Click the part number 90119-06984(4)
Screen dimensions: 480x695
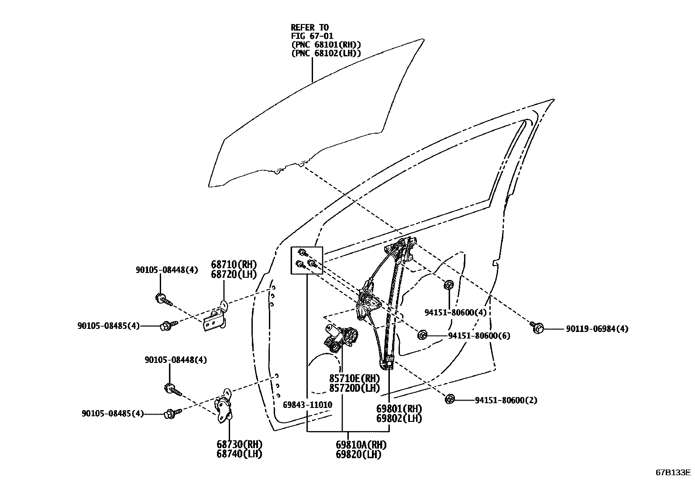pyautogui.click(x=598, y=329)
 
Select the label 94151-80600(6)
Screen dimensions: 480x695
pyautogui.click(x=479, y=336)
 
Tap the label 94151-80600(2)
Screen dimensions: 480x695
pyautogui.click(x=506, y=400)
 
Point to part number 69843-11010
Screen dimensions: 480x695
pyautogui.click(x=307, y=405)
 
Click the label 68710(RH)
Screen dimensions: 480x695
pyautogui.click(x=234, y=265)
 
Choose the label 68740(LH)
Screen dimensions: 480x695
pyautogui.click(x=239, y=454)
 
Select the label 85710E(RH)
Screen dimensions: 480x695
pyautogui.click(x=354, y=378)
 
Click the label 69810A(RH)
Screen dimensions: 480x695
pyautogui.click(x=361, y=445)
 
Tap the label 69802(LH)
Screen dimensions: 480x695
pyautogui.click(x=399, y=418)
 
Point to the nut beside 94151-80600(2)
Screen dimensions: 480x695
pyautogui.click(x=450, y=399)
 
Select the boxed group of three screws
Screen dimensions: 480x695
pyautogui.click(x=307, y=260)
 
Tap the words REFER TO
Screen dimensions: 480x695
pyautogui.click(x=310, y=28)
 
